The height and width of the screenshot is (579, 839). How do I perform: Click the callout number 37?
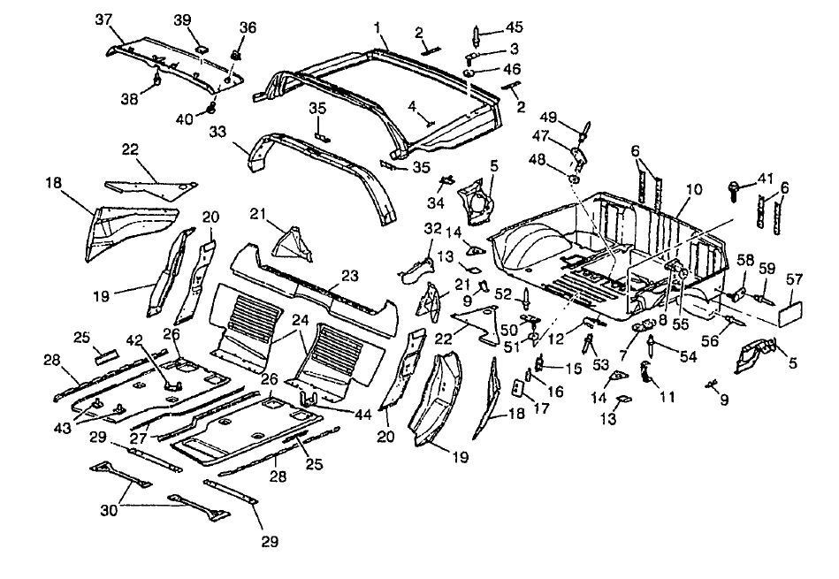(x=103, y=19)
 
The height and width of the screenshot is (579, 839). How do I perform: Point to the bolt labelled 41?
(x=736, y=187)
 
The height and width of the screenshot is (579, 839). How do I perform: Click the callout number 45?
(x=512, y=27)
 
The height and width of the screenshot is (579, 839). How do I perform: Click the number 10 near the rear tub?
(x=693, y=190)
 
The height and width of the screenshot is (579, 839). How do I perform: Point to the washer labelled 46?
(x=472, y=70)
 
